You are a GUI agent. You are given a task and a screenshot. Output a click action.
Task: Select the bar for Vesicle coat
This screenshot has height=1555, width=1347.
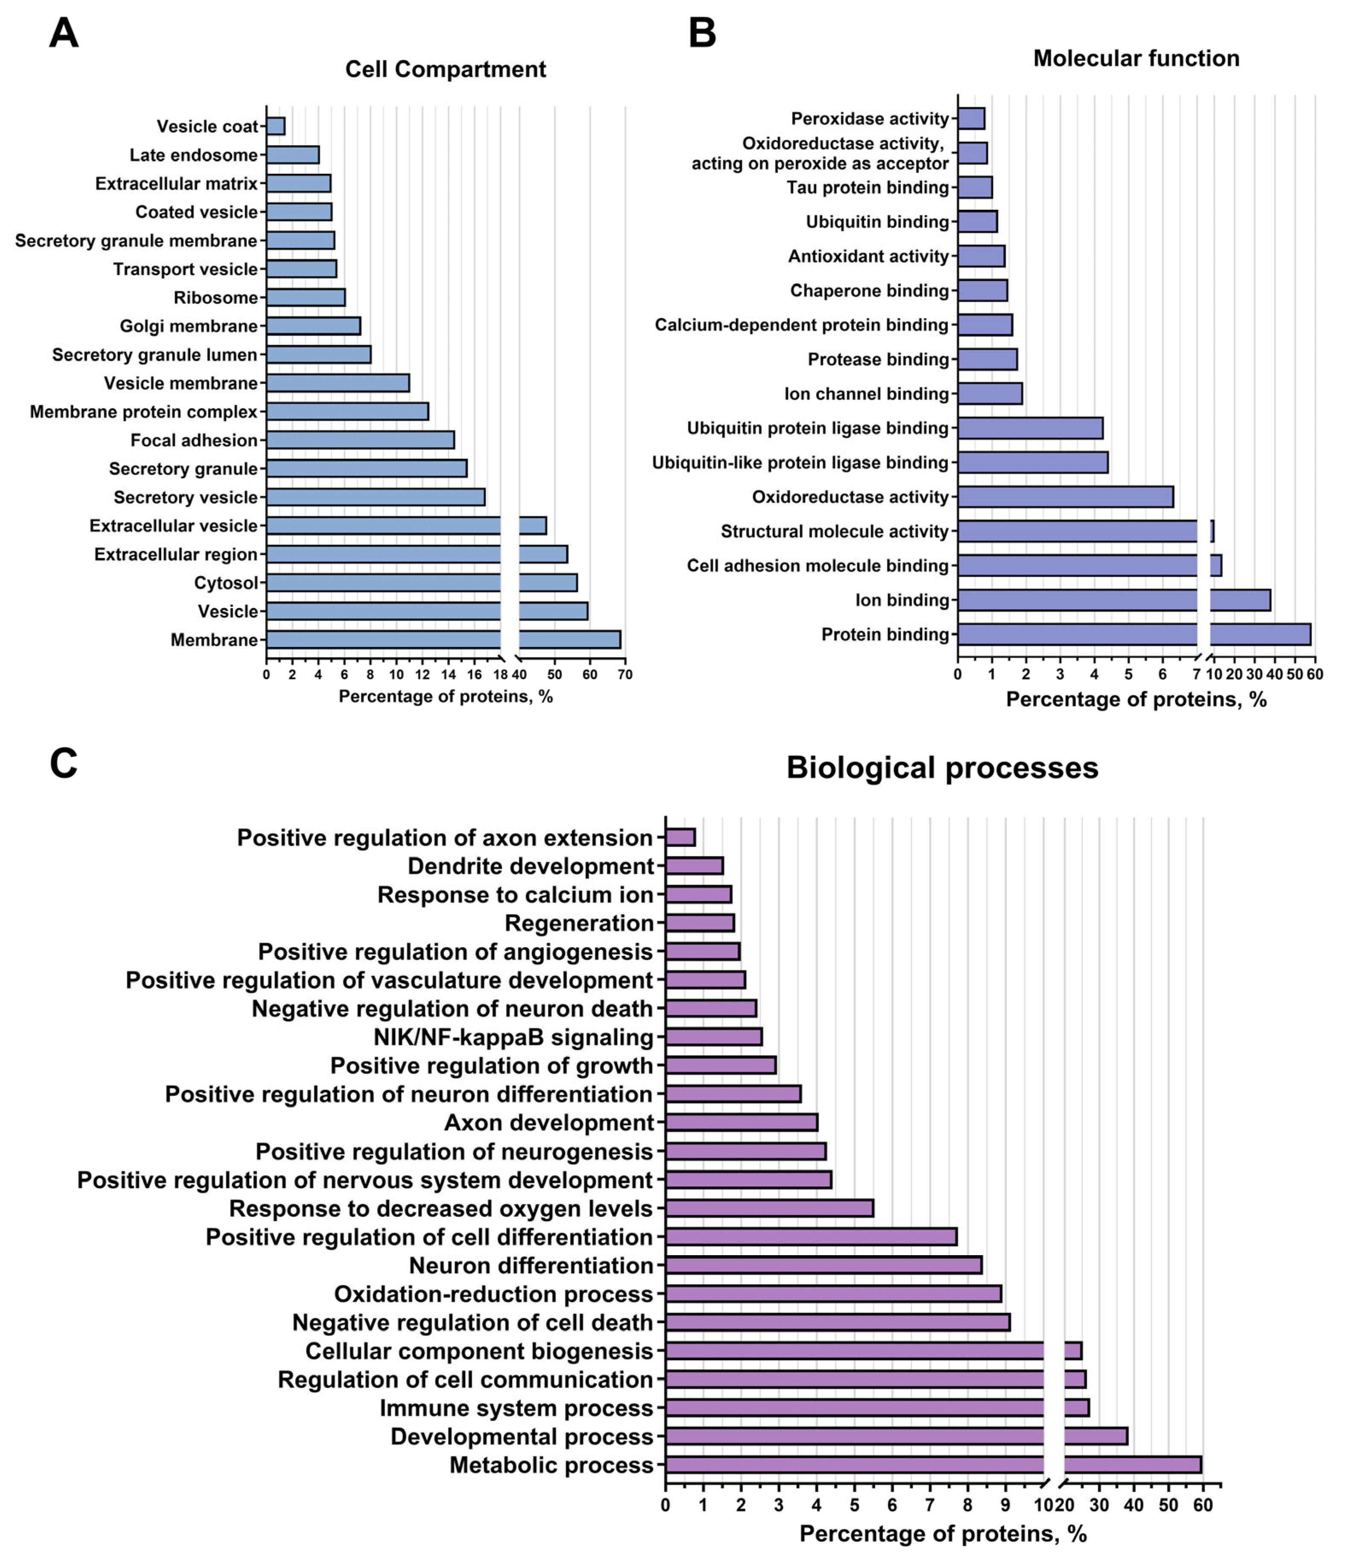[x=276, y=126]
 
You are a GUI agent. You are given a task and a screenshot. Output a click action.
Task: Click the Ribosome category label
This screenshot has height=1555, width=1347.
[x=216, y=298]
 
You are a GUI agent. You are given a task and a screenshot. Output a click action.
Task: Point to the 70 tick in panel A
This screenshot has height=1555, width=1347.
[x=625, y=675]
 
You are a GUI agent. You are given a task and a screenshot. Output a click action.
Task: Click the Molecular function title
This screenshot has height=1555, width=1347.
[x=1136, y=59]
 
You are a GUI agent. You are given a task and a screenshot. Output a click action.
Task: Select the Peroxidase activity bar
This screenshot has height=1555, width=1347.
[x=971, y=119]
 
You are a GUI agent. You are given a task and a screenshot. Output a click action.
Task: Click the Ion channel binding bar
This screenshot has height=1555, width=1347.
[x=990, y=394]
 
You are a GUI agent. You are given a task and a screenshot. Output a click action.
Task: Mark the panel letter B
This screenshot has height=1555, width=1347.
[x=702, y=34]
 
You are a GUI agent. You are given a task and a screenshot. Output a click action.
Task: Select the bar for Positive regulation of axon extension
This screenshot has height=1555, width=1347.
[x=680, y=837]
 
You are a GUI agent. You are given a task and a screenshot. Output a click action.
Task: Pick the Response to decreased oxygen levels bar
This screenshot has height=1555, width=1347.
[x=769, y=1209]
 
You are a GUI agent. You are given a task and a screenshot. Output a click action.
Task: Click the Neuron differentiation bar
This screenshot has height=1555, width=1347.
[x=823, y=1265]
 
